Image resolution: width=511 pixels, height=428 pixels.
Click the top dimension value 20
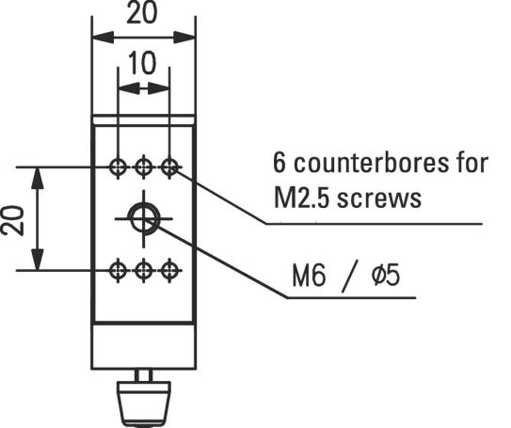coord(142,13)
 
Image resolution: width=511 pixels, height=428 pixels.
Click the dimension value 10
coord(142,63)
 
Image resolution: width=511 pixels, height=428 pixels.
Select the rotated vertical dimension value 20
coord(13,220)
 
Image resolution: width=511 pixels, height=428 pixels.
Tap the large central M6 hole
coord(144,218)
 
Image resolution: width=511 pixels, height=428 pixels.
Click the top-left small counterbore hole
coord(118,167)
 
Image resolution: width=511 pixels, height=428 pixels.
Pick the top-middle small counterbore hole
coord(144,167)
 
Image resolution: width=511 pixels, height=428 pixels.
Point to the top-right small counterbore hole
coord(169,167)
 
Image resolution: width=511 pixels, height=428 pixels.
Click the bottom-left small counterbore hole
coord(118,270)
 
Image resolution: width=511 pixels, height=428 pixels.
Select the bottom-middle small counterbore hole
coord(144,270)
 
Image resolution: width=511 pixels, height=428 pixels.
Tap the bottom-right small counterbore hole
coord(169,270)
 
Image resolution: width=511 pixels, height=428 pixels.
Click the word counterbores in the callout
coord(371,163)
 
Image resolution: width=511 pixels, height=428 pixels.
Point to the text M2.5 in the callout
coord(302,198)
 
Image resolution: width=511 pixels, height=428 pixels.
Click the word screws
coord(379,199)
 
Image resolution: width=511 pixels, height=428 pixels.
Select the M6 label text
coord(309,277)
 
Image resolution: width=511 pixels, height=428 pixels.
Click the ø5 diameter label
coord(386,276)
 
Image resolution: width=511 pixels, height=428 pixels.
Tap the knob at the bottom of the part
coord(144,404)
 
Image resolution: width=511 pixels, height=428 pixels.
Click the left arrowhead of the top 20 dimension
coord(103,37)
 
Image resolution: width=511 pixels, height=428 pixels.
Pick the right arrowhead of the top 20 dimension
coord(184,37)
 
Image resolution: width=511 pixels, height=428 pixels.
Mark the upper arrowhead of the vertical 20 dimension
coord(38,178)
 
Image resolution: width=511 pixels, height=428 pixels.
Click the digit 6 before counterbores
coord(279,163)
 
